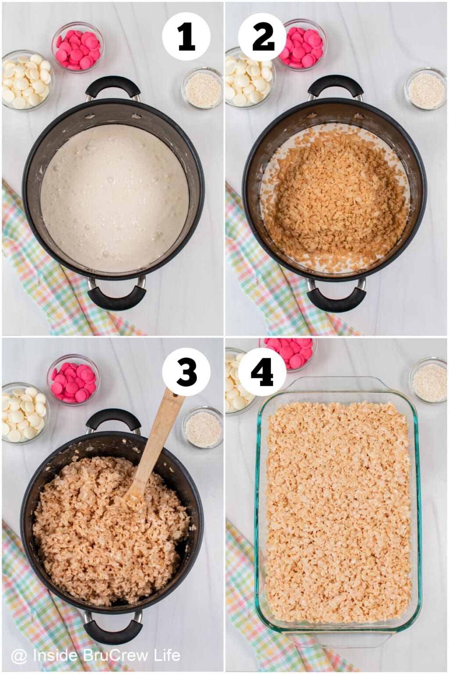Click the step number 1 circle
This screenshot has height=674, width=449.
[x=186, y=37]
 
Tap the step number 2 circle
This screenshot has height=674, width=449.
[x=263, y=37]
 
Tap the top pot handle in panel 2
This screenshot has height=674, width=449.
[x=335, y=87]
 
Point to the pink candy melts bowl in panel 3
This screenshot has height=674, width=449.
[x=74, y=380]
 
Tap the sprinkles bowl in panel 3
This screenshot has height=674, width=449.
[x=203, y=427]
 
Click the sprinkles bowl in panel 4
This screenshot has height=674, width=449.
[x=428, y=380]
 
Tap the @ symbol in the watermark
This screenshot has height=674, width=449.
[x=19, y=656]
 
